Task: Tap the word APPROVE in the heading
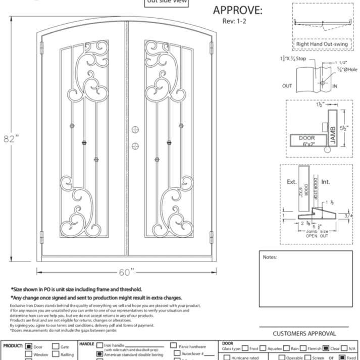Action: click(238, 10)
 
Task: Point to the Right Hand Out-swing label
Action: click(322, 44)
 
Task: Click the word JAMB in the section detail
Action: click(333, 132)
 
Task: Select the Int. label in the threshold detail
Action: click(326, 180)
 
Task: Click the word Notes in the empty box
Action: click(270, 257)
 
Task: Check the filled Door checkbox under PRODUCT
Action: click(29, 347)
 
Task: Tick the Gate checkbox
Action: click(55, 347)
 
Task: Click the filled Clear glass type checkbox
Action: click(327, 348)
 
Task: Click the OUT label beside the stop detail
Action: click(287, 85)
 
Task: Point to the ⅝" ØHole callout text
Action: click(345, 69)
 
